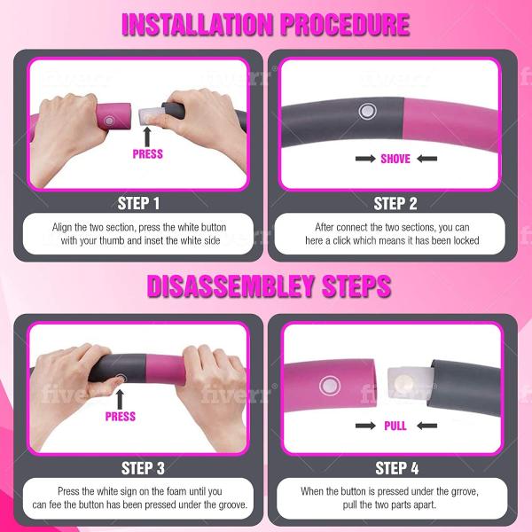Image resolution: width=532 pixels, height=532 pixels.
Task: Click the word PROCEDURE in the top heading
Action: pos(346,25)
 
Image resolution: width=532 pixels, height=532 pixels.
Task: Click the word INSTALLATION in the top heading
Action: pos(198,25)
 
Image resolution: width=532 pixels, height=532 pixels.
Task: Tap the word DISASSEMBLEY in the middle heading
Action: pos(231,286)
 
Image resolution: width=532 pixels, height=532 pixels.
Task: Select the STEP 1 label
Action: pos(138,204)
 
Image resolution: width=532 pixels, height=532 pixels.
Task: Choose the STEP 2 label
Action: pos(395,204)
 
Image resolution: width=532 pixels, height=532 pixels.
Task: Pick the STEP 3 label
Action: pos(143,468)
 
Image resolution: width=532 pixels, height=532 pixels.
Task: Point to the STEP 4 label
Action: pos(397,468)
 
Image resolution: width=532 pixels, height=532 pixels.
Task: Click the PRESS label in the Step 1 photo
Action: pos(147,154)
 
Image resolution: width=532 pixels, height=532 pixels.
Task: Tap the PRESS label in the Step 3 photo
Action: pos(121,417)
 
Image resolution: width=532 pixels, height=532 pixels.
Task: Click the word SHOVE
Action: pos(395,159)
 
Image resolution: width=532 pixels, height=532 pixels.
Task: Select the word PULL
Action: pos(395,426)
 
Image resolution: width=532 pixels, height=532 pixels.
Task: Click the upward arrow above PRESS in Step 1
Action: pos(147,137)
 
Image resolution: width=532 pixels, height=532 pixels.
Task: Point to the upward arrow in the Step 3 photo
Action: pos(120,399)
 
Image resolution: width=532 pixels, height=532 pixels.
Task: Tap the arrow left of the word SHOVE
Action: pos(365,159)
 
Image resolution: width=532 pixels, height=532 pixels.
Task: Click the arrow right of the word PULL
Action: pos(426,426)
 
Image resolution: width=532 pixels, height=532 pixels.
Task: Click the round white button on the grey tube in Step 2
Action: pos(367,111)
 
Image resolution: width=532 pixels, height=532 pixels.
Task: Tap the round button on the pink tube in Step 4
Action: pos(330,386)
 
